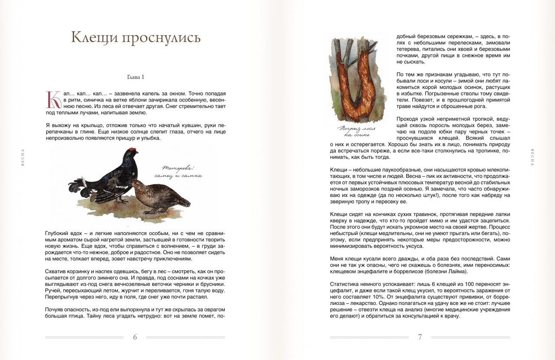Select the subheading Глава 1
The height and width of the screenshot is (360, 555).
click(x=135, y=77)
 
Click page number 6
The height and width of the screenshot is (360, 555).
click(x=135, y=337)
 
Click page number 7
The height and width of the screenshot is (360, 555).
click(x=420, y=337)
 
